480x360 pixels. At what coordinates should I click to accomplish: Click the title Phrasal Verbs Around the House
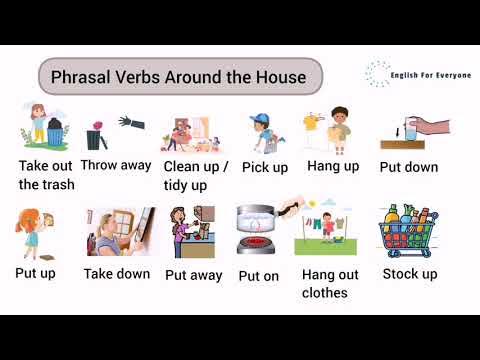click(180, 78)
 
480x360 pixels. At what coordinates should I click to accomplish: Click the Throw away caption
click(115, 165)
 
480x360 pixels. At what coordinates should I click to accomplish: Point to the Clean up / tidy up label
click(196, 176)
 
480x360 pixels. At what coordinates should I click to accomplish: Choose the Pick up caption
click(266, 167)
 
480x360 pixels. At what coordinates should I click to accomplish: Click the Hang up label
click(333, 165)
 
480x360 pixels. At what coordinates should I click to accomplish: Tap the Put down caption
click(408, 167)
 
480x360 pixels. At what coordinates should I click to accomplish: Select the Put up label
click(35, 272)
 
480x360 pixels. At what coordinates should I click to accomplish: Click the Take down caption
click(117, 273)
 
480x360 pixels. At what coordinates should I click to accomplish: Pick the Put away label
click(194, 274)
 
